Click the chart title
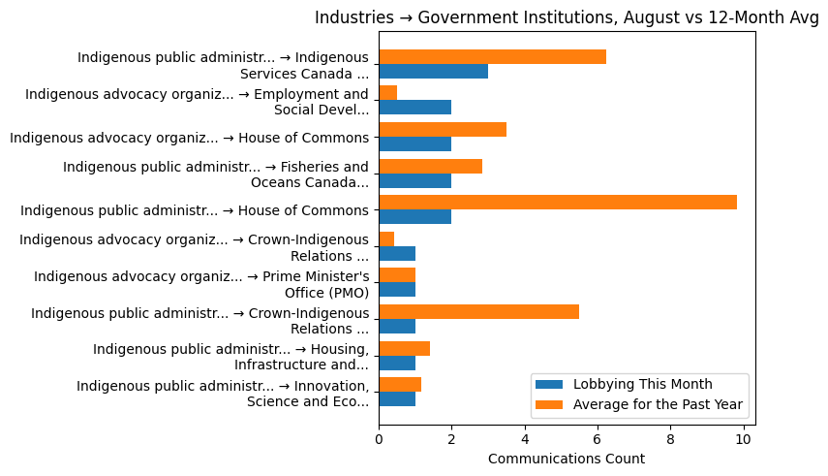(567, 17)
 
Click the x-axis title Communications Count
(567, 459)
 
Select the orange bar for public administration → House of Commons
(558, 202)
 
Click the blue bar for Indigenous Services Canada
(433, 71)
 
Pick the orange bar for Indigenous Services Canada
(492, 56)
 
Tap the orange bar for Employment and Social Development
(387, 93)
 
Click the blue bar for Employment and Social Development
(414, 108)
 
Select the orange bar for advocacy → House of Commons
(443, 129)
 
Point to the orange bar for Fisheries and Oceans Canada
(430, 166)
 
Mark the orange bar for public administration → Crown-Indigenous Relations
(478, 311)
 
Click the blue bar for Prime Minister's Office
(397, 290)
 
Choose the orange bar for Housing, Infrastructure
(404, 348)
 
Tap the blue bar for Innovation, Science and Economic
(397, 398)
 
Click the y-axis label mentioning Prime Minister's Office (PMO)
(201, 283)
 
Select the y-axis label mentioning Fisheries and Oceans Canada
(216, 175)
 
